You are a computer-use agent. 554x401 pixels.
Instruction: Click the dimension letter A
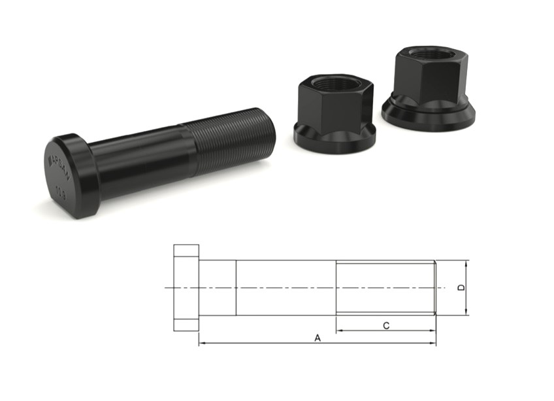coord(318,338)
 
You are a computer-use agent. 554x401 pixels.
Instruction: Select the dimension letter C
coord(386,325)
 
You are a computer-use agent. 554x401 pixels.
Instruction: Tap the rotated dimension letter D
coord(461,288)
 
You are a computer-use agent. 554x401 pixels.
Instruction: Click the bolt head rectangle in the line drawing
coord(186,288)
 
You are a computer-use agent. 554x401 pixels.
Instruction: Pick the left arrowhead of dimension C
coord(340,331)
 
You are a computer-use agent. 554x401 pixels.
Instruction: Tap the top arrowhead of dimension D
coord(466,264)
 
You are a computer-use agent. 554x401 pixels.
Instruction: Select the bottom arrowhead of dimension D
coord(466,312)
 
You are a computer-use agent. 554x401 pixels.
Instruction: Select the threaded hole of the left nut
coord(334,82)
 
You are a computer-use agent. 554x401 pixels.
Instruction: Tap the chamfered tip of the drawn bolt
coord(434,288)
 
